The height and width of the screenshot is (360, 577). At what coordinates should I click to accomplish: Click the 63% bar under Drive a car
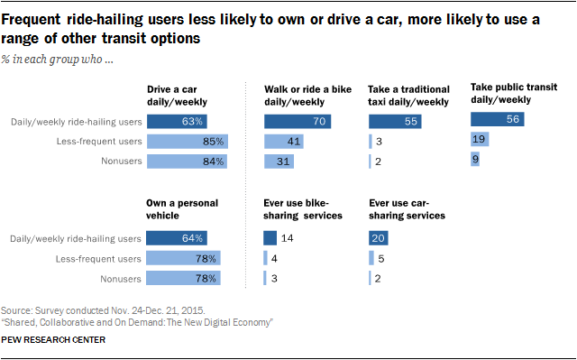pos(177,122)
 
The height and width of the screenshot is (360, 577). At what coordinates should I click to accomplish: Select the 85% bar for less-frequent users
pos(188,142)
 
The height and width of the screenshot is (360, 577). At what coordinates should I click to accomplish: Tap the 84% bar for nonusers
pos(188,162)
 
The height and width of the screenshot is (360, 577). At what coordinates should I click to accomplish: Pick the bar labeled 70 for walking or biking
pos(298,122)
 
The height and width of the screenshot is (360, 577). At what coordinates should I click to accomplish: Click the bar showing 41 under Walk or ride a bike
pos(284,142)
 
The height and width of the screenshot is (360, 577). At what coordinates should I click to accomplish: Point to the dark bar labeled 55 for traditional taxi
pos(395,122)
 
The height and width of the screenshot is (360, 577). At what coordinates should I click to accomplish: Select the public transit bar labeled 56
pos(498,119)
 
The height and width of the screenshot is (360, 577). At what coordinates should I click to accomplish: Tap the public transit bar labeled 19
pos(480,139)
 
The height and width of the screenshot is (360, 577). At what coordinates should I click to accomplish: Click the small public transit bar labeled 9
pos(475,159)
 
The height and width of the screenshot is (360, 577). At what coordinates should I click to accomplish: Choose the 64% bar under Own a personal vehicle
pos(177,238)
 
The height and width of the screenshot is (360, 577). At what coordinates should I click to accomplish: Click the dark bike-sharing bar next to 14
pos(270,238)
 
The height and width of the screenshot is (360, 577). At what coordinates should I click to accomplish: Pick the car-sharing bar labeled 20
pos(379,238)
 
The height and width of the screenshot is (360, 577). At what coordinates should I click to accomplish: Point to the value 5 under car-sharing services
pos(381,259)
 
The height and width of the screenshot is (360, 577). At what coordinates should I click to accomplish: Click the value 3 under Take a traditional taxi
pos(379,142)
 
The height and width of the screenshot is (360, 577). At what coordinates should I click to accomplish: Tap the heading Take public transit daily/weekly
pos(514,94)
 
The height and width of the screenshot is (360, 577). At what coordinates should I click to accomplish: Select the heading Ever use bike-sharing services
pos(303,209)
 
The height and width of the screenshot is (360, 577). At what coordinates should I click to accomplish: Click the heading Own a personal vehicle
pos(182,209)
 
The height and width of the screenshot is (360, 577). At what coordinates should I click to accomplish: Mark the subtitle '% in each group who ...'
pos(57,60)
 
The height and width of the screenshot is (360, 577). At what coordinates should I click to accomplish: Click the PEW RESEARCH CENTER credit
pos(53,340)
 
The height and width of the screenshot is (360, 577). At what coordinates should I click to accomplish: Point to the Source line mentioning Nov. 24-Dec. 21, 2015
pos(103,310)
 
